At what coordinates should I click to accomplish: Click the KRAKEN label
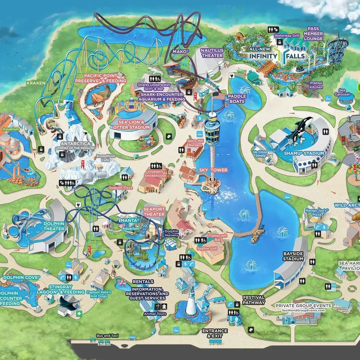point(36,83)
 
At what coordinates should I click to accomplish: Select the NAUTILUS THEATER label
point(212,53)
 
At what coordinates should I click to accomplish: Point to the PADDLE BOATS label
point(237,99)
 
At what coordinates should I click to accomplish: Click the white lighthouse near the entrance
point(190,306)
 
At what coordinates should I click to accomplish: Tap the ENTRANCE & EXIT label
point(215,333)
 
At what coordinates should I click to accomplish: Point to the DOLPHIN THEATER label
point(54,226)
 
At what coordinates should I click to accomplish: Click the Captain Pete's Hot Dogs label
point(99,294)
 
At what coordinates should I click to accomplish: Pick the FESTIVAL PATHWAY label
point(254,300)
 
